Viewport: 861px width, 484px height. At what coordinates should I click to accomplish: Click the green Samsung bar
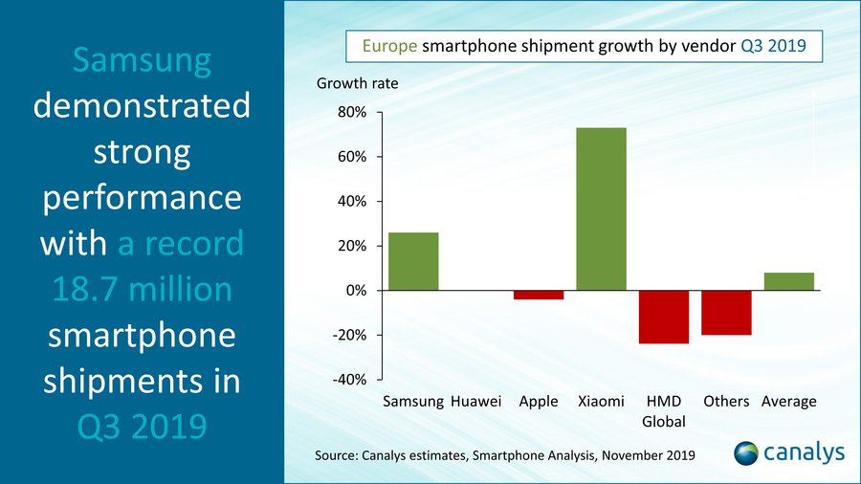click(x=413, y=261)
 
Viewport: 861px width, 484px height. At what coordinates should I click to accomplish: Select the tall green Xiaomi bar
click(x=601, y=209)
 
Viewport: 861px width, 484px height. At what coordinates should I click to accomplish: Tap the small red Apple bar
click(x=538, y=295)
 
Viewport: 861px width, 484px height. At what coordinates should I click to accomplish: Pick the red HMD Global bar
click(x=664, y=317)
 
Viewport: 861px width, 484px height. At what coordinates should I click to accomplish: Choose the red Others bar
click(x=726, y=313)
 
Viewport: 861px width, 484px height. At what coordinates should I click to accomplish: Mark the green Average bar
click(x=788, y=281)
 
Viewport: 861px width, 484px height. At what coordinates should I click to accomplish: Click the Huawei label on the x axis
click(x=475, y=402)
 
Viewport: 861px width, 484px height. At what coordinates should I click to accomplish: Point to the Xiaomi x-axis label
click(x=601, y=402)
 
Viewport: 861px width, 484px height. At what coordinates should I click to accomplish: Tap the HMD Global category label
click(x=664, y=411)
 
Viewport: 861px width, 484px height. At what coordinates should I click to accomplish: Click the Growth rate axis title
click(x=357, y=83)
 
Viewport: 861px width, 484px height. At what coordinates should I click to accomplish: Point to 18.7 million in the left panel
click(x=142, y=289)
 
